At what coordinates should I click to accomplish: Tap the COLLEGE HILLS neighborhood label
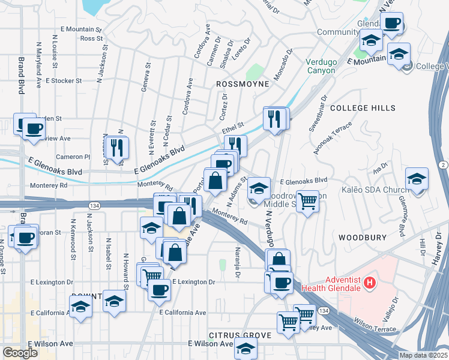pyautogui.click(x=363, y=108)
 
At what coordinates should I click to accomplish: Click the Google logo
pyautogui.click(x=20, y=353)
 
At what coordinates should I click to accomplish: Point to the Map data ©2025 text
pyautogui.click(x=423, y=355)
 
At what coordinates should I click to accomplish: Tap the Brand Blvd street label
pyautogui.click(x=21, y=75)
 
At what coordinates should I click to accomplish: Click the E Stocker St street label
pyautogui.click(x=62, y=80)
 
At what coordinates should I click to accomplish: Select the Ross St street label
pyautogui.click(x=88, y=38)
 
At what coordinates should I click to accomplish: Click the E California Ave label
pyautogui.click(x=182, y=313)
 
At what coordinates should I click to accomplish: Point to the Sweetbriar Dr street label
pyautogui.click(x=316, y=115)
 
